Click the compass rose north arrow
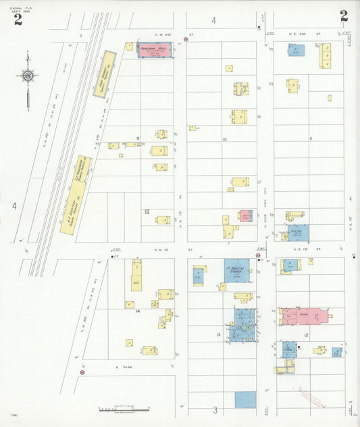click(x=28, y=76)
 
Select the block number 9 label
click(x=137, y=139)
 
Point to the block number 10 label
click(x=224, y=140)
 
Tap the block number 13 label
click(x=217, y=335)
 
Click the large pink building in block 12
click(x=304, y=316)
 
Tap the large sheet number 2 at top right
click(x=344, y=16)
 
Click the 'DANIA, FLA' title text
click(x=22, y=6)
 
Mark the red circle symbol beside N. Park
click(x=82, y=372)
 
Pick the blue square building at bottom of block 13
click(x=245, y=399)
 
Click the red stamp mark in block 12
click(x=311, y=397)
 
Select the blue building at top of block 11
click(x=296, y=50)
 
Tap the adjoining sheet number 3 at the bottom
click(x=215, y=410)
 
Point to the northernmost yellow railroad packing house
click(x=105, y=74)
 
